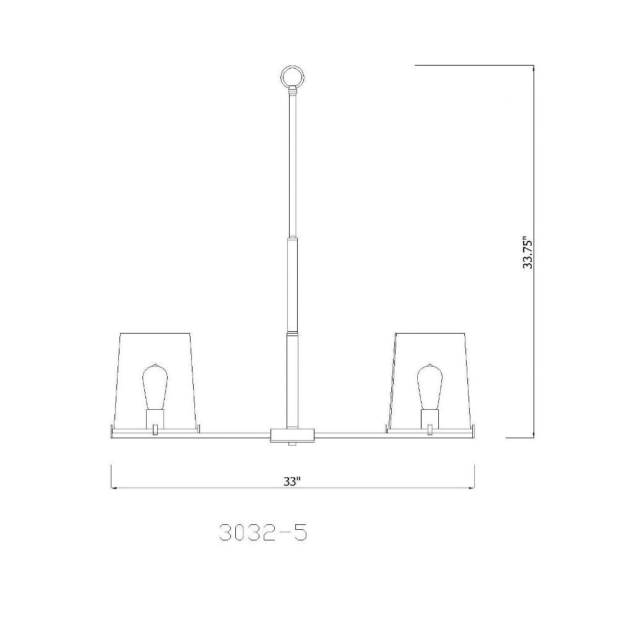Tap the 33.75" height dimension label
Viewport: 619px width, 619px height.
pos(527,253)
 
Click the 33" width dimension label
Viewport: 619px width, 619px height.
pos(292,481)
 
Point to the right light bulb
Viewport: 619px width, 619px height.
pos(430,387)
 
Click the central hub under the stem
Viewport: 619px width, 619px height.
pos(292,435)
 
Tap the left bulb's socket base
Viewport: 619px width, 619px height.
pos(154,417)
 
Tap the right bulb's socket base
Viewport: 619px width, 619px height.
pos(430,417)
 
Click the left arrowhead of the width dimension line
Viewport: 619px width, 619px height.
pos(115,488)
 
